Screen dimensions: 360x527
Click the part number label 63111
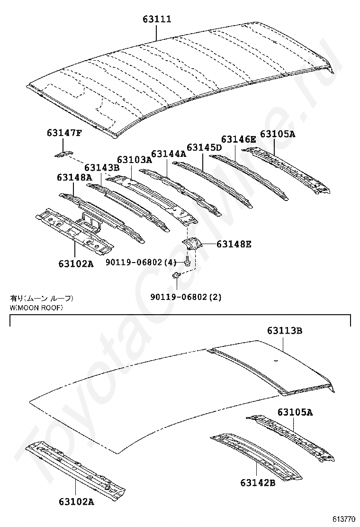tap(157, 19)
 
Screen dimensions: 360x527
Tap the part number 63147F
tap(64, 133)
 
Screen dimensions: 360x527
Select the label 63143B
tap(102, 167)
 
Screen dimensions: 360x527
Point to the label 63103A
tap(135, 160)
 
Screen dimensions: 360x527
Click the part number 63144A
tap(169, 154)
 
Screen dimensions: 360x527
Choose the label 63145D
tap(204, 147)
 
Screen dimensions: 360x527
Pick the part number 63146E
tap(238, 139)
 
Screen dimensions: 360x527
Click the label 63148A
tap(74, 177)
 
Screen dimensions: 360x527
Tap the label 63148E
tap(234, 245)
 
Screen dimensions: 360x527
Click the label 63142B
tap(258, 482)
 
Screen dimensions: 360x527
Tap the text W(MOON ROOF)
tap(36, 307)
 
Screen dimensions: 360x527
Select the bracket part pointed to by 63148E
tap(192, 244)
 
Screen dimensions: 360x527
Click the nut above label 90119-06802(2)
tap(176, 275)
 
